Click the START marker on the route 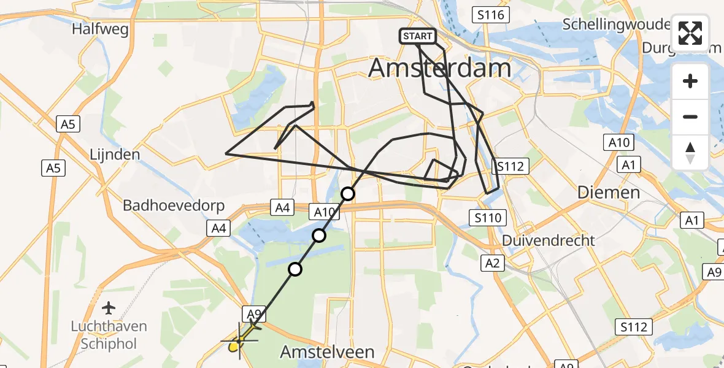(x=418, y=36)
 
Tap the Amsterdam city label (x=439, y=68)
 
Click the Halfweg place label (x=99, y=29)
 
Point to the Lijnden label (x=114, y=154)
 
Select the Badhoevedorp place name (x=174, y=205)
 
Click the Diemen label (x=609, y=193)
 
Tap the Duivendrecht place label (x=549, y=240)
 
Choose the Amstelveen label (x=327, y=352)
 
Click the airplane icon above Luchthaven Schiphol (x=109, y=307)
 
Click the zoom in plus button (x=690, y=81)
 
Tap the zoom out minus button (x=690, y=117)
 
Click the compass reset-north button (x=690, y=152)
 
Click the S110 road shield (x=488, y=217)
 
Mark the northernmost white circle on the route (x=348, y=194)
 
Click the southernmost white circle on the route (x=296, y=269)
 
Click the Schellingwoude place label (x=616, y=25)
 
